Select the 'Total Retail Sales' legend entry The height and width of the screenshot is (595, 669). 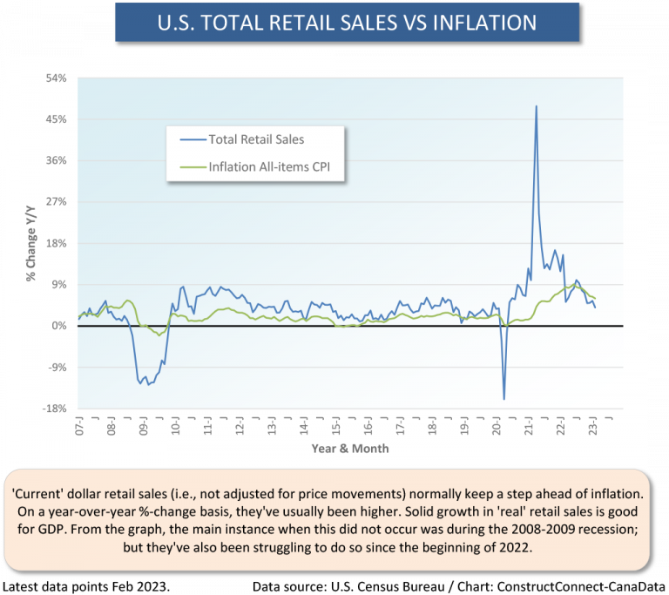coord(255,139)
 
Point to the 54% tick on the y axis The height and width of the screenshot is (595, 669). coord(56,78)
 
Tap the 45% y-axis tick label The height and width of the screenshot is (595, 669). coord(56,119)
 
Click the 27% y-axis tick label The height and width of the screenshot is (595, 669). coord(56,202)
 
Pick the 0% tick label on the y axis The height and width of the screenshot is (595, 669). coord(59,326)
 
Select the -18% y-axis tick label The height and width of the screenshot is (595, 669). coord(54,409)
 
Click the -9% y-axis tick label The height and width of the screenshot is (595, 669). coord(57,368)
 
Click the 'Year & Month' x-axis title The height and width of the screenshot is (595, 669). coord(350,449)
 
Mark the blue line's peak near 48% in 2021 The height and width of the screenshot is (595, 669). coord(536,106)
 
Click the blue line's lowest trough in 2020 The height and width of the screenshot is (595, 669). coord(504,399)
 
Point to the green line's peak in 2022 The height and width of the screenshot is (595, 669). coord(570,286)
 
